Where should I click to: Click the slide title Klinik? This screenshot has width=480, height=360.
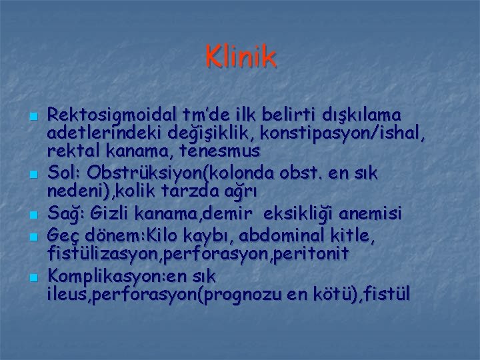tap(241, 57)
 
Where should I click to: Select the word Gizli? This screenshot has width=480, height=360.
tap(105, 213)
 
